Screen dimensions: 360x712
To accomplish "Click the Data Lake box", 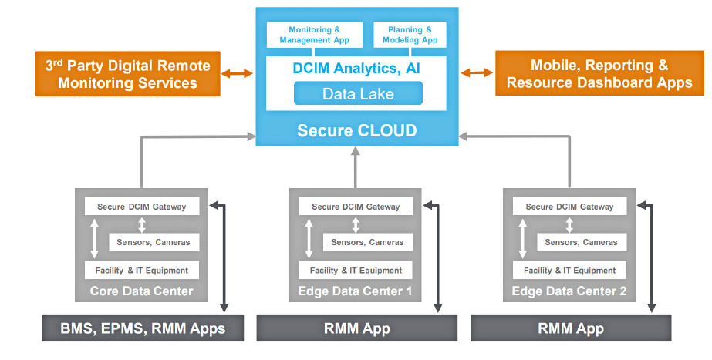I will coord(358,94).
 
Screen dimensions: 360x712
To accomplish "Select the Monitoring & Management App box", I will coord(314,35).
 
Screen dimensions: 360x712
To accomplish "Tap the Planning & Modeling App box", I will coord(408,35).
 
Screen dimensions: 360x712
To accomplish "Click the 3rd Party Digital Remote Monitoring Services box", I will coord(128,74).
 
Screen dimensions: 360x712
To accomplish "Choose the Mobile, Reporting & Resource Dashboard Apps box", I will coord(599,74).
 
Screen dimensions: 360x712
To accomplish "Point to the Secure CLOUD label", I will coord(357,131).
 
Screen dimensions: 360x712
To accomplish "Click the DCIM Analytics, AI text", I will coord(356,69).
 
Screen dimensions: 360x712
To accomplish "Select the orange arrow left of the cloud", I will coord(238,74).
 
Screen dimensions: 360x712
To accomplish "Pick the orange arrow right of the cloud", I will coord(477,73).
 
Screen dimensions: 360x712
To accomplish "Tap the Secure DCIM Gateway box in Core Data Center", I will coord(141,207).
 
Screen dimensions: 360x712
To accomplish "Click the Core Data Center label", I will coord(141,291).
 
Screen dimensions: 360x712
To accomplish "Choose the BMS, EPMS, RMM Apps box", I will coord(143,328).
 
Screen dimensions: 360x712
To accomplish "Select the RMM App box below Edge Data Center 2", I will coord(570,328).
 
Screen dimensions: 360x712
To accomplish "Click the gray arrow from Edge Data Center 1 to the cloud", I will coord(356,168).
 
